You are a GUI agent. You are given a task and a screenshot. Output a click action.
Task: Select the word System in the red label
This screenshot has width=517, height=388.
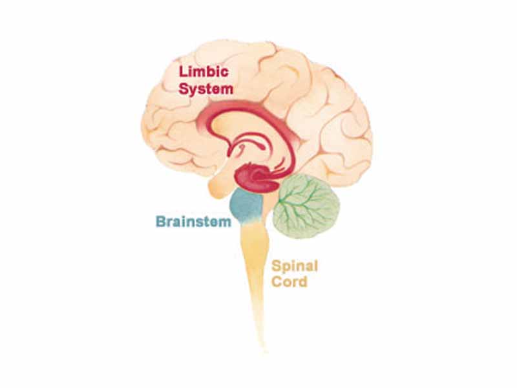[206, 89]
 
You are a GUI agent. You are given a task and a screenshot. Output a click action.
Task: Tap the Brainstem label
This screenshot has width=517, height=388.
[193, 221]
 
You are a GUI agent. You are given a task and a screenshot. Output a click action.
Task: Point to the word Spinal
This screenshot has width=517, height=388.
[295, 266]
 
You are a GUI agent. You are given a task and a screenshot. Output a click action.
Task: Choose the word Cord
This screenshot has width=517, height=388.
[289, 282]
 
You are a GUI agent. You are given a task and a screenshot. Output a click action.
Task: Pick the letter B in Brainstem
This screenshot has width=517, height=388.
[160, 221]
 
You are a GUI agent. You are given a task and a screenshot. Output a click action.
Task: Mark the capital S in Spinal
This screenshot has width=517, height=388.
[276, 266]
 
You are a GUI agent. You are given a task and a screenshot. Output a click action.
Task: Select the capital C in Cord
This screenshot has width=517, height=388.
[277, 282]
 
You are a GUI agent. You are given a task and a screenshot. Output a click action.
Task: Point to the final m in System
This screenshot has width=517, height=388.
[226, 90]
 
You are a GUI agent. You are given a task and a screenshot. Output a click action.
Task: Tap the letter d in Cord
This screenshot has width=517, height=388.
[302, 282]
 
